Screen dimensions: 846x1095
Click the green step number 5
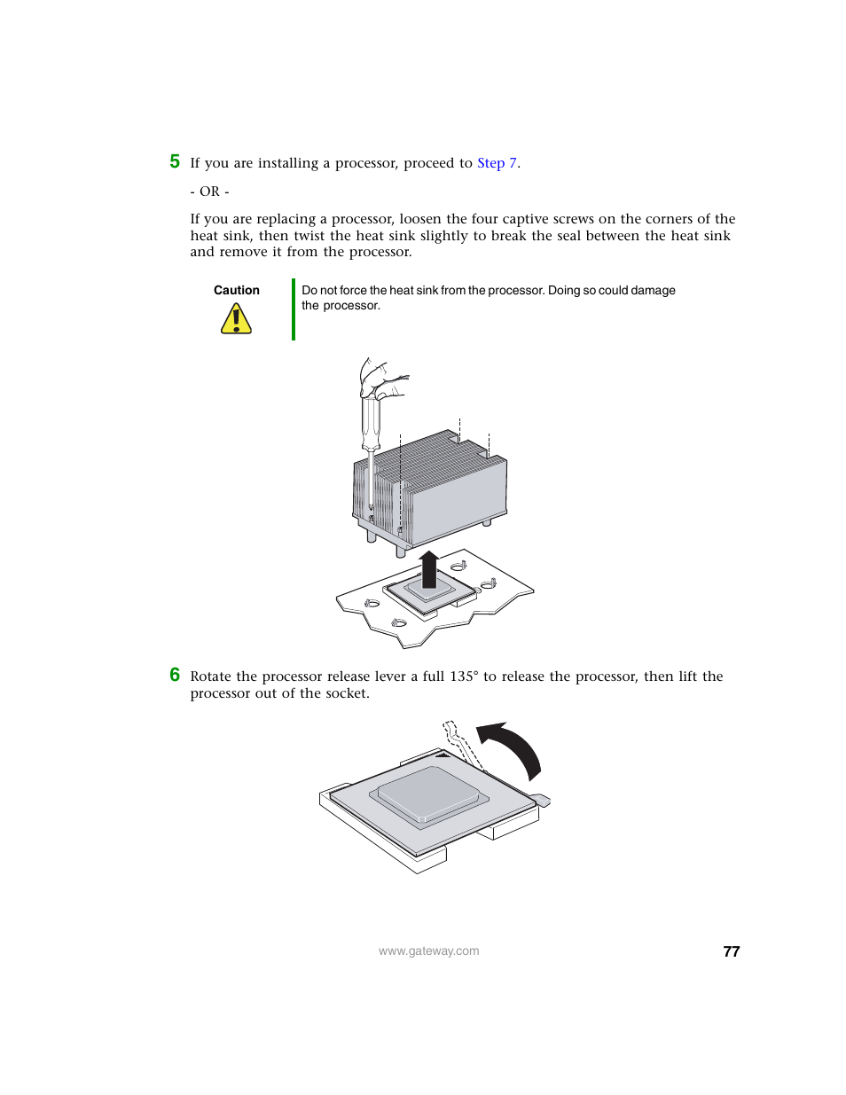pos(175,161)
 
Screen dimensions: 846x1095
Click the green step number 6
pos(175,675)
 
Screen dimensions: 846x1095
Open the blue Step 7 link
pos(497,163)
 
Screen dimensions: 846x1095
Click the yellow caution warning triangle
pos(236,319)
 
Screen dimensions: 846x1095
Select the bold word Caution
pos(236,290)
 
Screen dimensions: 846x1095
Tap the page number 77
pos(731,951)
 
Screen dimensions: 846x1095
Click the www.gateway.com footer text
pos(428,951)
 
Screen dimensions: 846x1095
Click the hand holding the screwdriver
pos(382,379)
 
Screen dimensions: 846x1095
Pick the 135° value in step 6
pos(464,677)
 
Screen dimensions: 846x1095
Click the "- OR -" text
pos(209,192)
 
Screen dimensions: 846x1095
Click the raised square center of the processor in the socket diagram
pos(429,791)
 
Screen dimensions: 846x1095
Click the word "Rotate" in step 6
pos(211,677)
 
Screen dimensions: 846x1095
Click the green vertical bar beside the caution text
pos(294,309)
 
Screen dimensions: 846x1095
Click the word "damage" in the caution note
pos(652,290)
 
